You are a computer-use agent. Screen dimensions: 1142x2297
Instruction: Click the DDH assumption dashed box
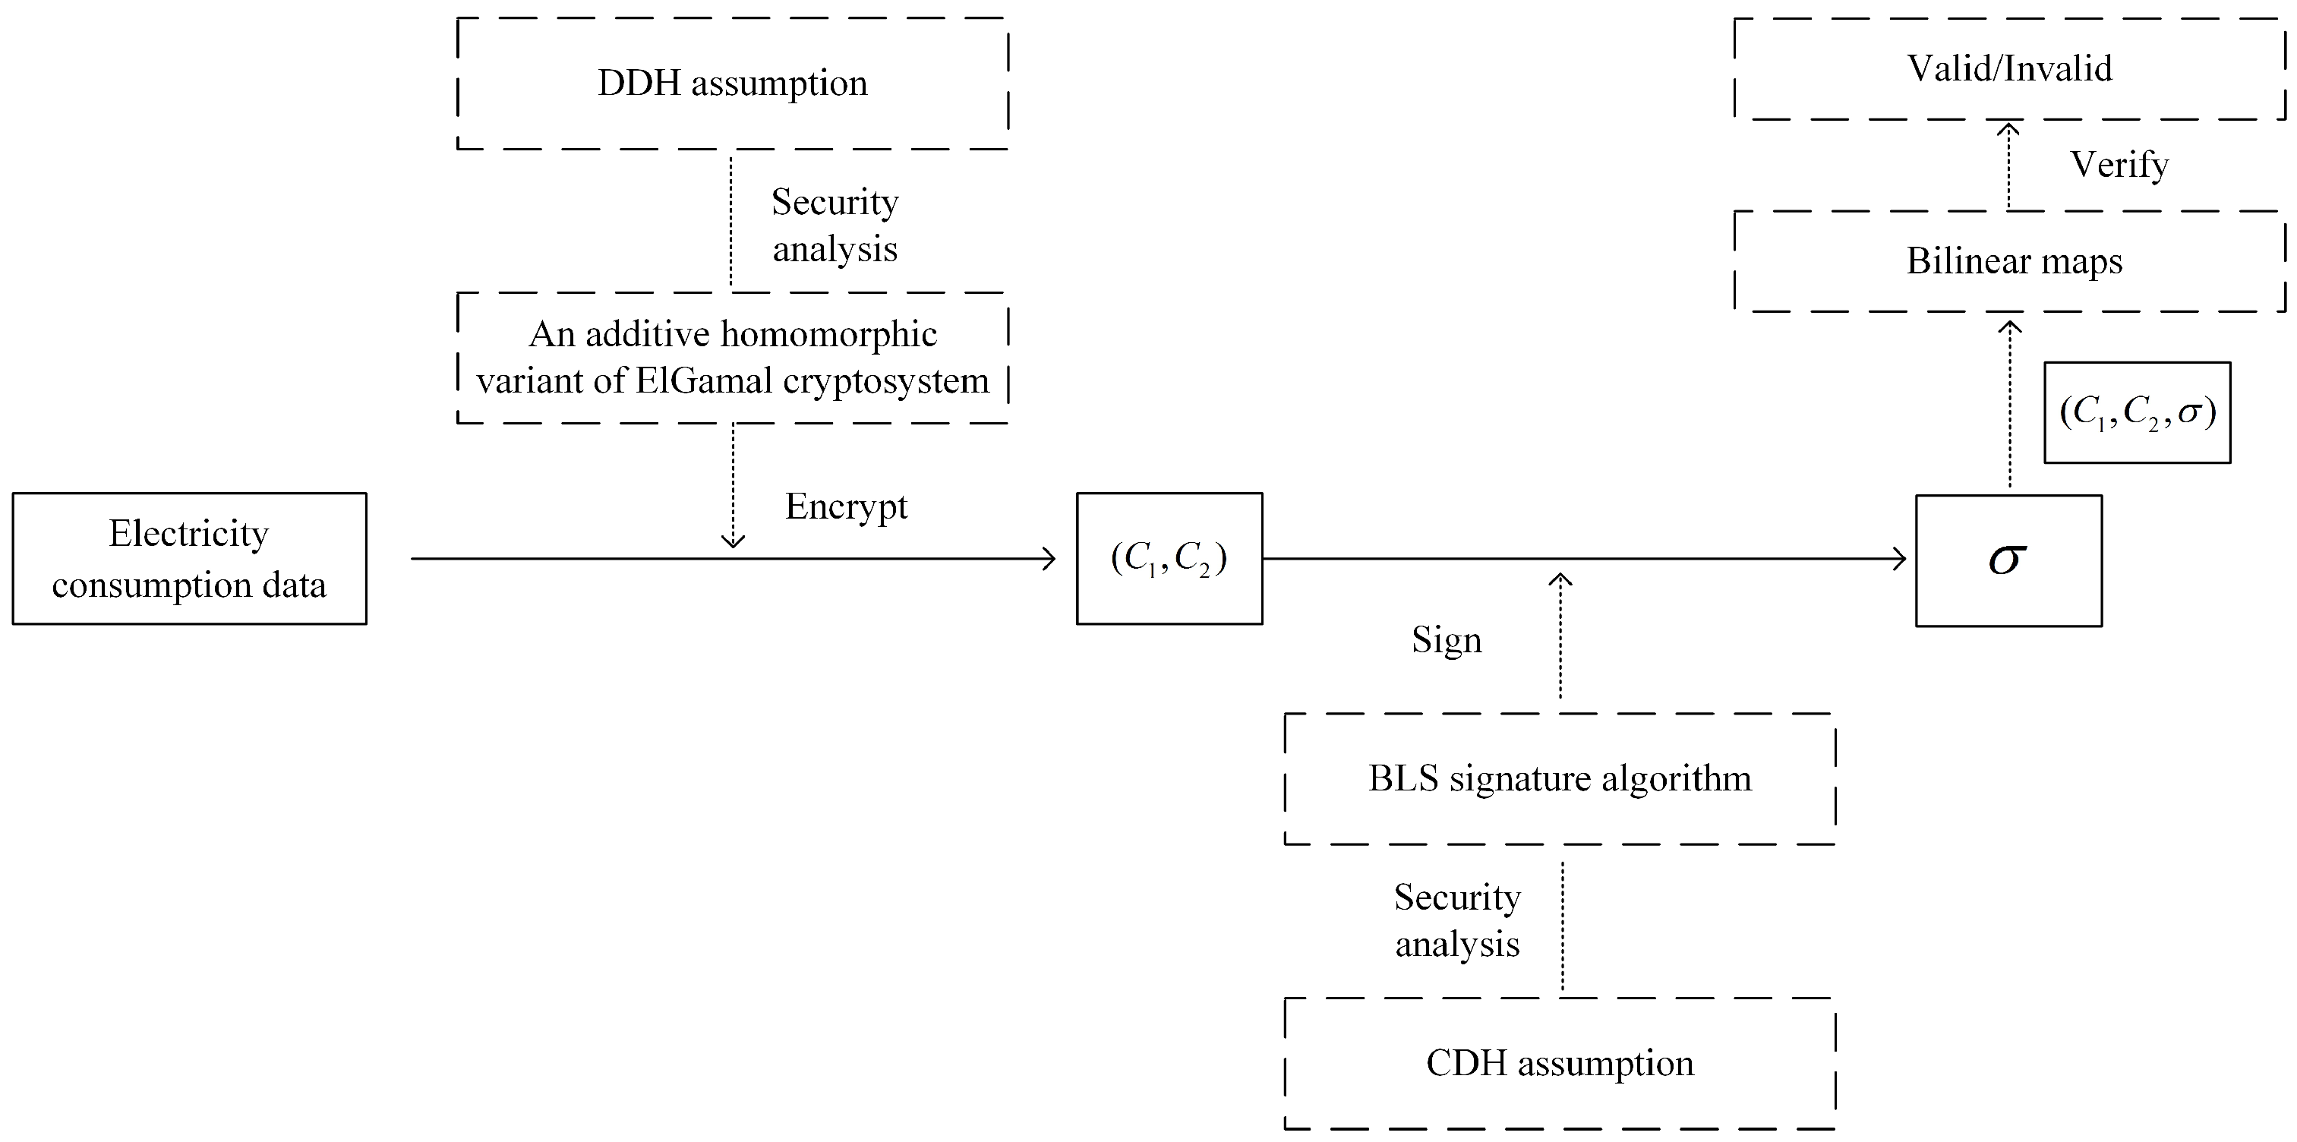point(732,83)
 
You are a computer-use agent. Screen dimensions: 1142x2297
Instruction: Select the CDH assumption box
point(1560,1063)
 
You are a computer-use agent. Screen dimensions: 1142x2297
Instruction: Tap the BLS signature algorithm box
point(1560,778)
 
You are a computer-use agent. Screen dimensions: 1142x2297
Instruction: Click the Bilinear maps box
point(2010,261)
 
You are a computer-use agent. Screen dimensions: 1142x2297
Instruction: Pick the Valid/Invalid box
point(2010,68)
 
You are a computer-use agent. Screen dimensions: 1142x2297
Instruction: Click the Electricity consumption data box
point(189,558)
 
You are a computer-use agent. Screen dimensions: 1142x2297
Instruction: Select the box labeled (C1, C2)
point(1169,558)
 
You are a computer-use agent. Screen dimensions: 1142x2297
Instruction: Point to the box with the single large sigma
point(2008,560)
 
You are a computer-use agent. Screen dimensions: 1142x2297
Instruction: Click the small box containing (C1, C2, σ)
point(2137,412)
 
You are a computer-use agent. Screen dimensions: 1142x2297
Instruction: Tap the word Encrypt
point(845,506)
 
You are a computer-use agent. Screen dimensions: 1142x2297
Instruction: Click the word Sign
point(1447,640)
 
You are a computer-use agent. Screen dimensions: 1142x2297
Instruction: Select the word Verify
point(2119,165)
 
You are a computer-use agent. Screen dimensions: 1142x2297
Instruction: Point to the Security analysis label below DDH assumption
point(835,225)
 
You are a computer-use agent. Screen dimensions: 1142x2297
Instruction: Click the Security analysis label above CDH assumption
point(1457,920)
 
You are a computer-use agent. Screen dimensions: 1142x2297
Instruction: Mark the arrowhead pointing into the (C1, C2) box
point(1049,559)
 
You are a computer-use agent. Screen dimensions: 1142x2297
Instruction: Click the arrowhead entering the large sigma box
point(1899,559)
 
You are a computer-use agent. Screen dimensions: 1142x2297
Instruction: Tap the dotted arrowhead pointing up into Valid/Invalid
point(2008,129)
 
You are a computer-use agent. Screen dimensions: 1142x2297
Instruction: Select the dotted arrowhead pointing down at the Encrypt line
point(733,540)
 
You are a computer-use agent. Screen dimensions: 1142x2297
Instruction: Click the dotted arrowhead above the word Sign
point(1560,580)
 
